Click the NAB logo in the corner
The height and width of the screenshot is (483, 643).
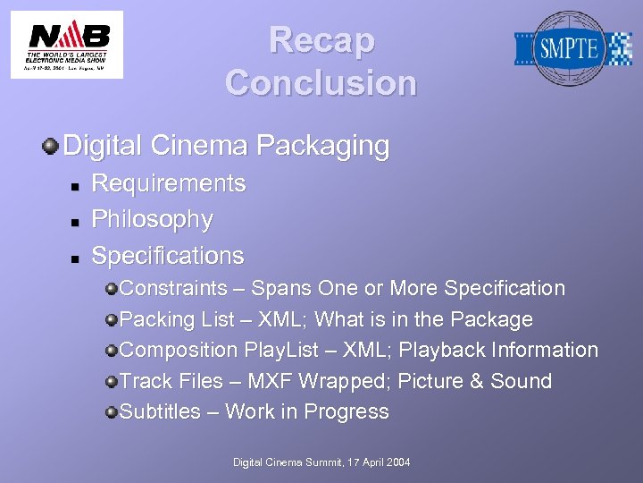pos(67,44)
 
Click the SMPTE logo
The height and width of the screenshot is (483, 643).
pos(572,48)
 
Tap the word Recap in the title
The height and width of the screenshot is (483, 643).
pos(321,40)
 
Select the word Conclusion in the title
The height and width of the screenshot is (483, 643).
pos(321,83)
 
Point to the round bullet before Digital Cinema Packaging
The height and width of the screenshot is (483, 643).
pos(52,145)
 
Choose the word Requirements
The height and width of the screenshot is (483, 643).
pos(169,183)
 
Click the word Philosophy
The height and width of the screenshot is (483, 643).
pos(153,219)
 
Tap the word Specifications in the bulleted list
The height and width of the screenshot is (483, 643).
pos(168,256)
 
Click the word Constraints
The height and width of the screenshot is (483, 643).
pos(173,288)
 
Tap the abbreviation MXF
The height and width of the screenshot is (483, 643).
pos(271,381)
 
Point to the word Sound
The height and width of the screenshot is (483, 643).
pos(522,381)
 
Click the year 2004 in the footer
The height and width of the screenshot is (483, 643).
pos(397,462)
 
